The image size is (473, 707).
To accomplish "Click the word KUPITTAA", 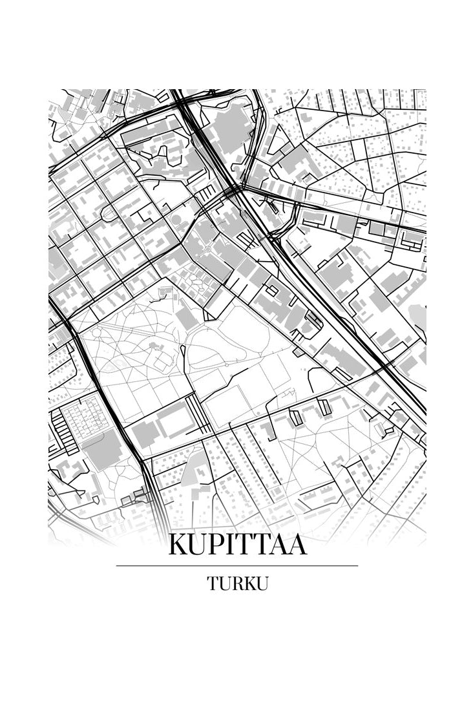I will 237,545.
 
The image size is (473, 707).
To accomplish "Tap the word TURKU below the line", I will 237,583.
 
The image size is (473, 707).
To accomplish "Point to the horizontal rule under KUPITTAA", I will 237,565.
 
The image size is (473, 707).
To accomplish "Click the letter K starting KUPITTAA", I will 178,545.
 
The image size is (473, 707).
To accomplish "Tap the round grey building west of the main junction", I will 176,220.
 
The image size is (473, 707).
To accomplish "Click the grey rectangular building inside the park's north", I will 186,317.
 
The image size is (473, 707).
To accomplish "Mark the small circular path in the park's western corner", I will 98,333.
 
